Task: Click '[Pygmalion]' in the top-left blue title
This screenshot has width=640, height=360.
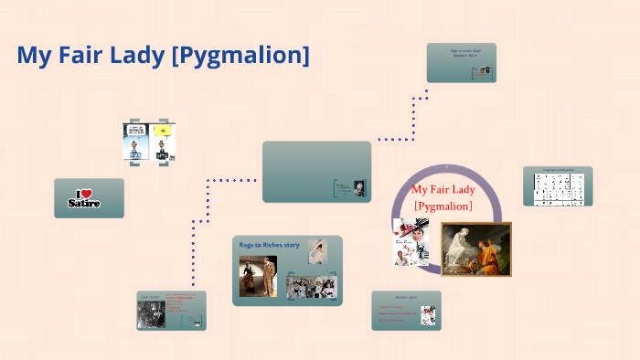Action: click(240, 57)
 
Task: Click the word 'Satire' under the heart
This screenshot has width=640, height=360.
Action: click(84, 203)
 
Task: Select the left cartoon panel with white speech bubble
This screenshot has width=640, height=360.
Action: click(135, 143)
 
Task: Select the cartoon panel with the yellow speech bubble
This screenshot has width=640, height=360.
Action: click(163, 143)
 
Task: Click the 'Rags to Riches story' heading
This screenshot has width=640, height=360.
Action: click(269, 245)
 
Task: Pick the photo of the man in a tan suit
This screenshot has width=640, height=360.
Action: click(258, 276)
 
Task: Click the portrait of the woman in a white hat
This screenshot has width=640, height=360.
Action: click(317, 251)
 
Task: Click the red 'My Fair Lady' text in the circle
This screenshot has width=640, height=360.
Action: click(443, 190)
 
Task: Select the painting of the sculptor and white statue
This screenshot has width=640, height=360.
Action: click(475, 249)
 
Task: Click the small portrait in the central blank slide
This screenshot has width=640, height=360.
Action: click(359, 186)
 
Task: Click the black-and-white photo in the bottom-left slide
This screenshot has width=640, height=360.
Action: click(150, 313)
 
